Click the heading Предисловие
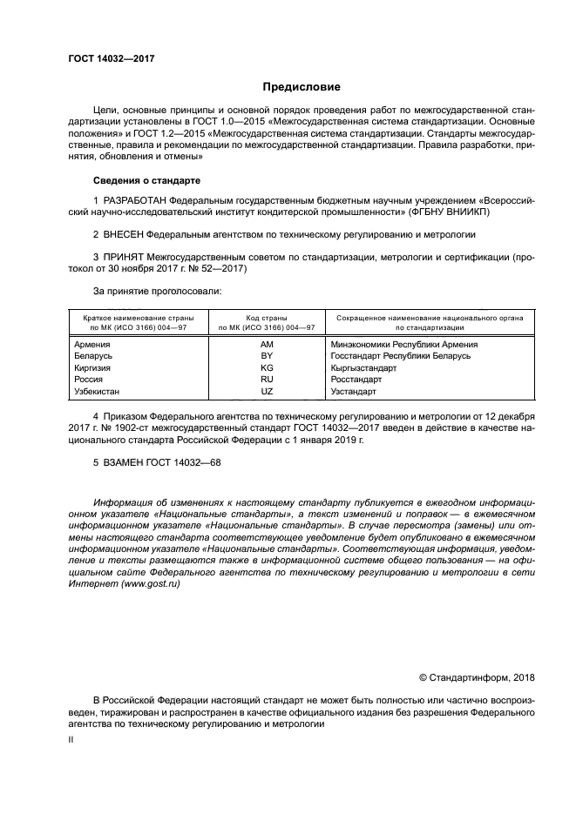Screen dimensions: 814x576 click(x=302, y=87)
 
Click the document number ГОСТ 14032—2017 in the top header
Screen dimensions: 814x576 click(x=111, y=58)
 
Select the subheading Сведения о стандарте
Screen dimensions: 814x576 click(x=146, y=180)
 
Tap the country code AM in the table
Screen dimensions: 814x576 click(x=267, y=345)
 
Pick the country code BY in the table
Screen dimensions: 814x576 click(x=267, y=356)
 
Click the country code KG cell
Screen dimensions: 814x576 click(x=267, y=368)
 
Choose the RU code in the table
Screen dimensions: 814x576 click(x=267, y=380)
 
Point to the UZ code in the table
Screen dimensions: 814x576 click(x=267, y=392)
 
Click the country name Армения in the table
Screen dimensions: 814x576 click(x=92, y=345)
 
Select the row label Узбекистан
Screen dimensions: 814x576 click(x=98, y=392)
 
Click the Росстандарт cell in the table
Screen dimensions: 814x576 click(x=356, y=380)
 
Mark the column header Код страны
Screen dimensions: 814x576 click(x=267, y=319)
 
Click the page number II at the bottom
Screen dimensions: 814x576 click(x=71, y=738)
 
